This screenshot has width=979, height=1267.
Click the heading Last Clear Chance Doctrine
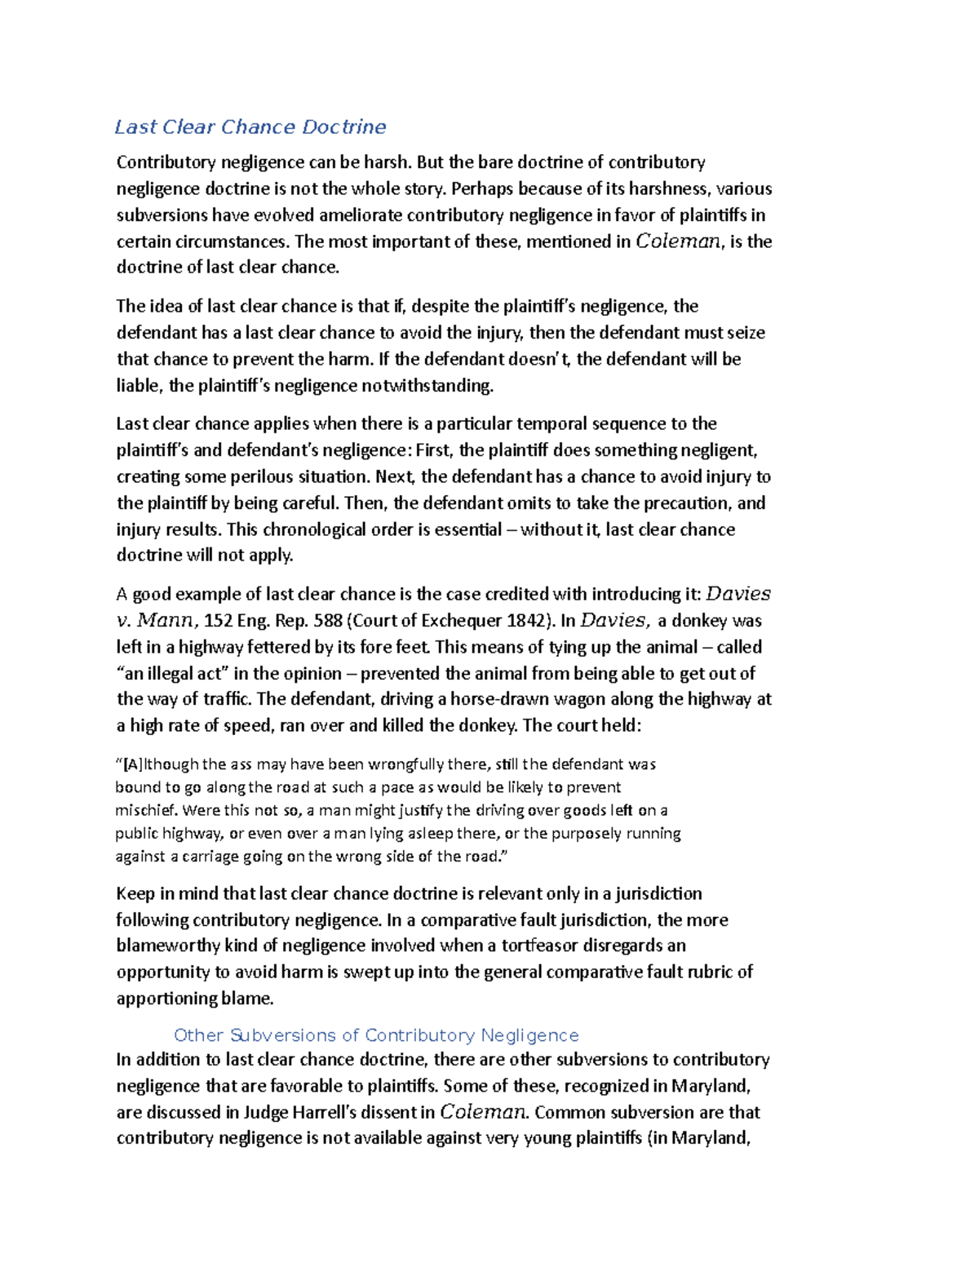pos(250,126)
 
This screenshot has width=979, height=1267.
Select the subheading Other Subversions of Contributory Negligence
pos(376,1035)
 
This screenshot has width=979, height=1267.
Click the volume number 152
pos(218,620)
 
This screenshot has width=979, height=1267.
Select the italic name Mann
pos(166,620)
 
